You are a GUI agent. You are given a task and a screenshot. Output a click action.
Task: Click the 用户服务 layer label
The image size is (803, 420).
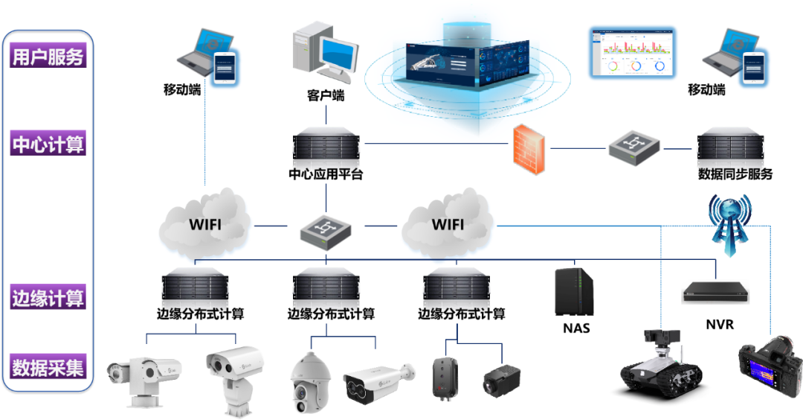pyautogui.click(x=48, y=56)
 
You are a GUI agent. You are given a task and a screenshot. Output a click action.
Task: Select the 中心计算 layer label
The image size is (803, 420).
pyautogui.click(x=48, y=144)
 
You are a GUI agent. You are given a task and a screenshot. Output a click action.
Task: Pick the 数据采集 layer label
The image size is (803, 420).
pyautogui.click(x=48, y=367)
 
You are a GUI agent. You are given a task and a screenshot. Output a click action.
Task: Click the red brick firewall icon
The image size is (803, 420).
pyautogui.click(x=529, y=149)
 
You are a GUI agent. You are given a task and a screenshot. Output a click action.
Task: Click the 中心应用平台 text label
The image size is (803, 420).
pyautogui.click(x=326, y=176)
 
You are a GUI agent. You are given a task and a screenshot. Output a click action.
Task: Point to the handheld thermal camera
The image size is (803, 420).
pyautogui.click(x=769, y=369)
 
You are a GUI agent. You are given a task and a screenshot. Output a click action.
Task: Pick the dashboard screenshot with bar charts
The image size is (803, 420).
pyautogui.click(x=633, y=52)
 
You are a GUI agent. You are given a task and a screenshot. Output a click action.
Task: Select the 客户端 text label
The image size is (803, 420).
pyautogui.click(x=326, y=96)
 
